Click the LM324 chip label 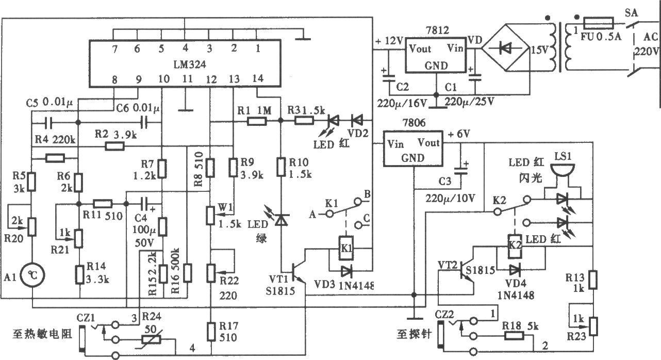tap(189, 64)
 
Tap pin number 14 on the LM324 tap(258, 78)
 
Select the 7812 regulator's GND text tap(436, 66)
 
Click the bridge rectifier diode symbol tap(505, 48)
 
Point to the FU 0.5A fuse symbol tap(599, 23)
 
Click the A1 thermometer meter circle tap(32, 275)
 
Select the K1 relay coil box tap(346, 248)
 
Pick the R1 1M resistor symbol tap(257, 121)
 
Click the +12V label tap(389, 41)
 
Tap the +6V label tap(459, 134)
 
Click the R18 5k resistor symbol tap(515, 336)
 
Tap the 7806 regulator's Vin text tap(395, 144)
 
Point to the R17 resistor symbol tap(211, 332)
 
